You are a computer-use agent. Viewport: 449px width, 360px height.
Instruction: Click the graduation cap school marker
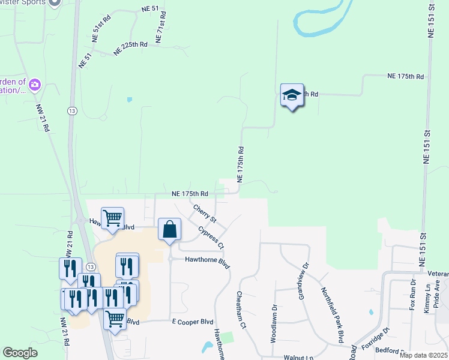coord(292,95)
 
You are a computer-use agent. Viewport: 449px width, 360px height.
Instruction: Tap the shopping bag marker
coord(170,229)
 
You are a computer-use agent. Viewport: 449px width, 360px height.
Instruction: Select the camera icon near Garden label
coord(34,84)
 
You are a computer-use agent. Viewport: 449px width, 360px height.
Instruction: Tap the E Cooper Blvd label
coord(193,322)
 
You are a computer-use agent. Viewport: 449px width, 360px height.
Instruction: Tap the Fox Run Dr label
coord(413,294)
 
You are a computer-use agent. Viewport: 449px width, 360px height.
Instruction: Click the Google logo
coord(20,353)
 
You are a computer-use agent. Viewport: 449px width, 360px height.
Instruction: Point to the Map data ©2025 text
coord(423,355)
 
